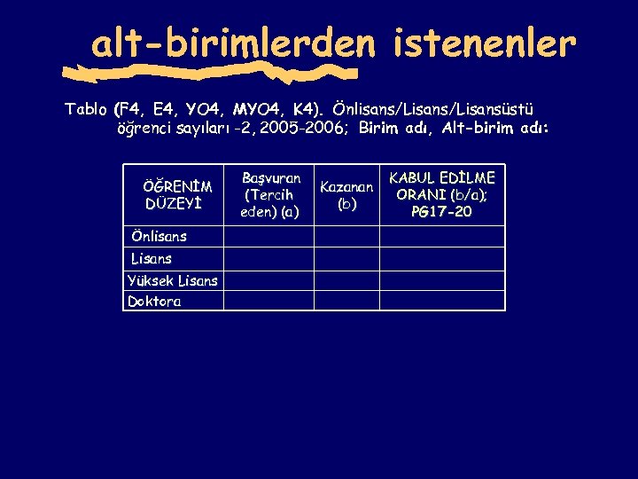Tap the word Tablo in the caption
86,110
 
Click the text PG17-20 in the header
442,212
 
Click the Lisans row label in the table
152,258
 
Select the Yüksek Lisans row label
172,280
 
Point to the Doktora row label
155,302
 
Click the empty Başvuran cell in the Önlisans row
268,236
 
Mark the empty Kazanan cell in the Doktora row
347,302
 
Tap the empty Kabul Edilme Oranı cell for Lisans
442,258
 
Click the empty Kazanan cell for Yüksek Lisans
347,280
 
